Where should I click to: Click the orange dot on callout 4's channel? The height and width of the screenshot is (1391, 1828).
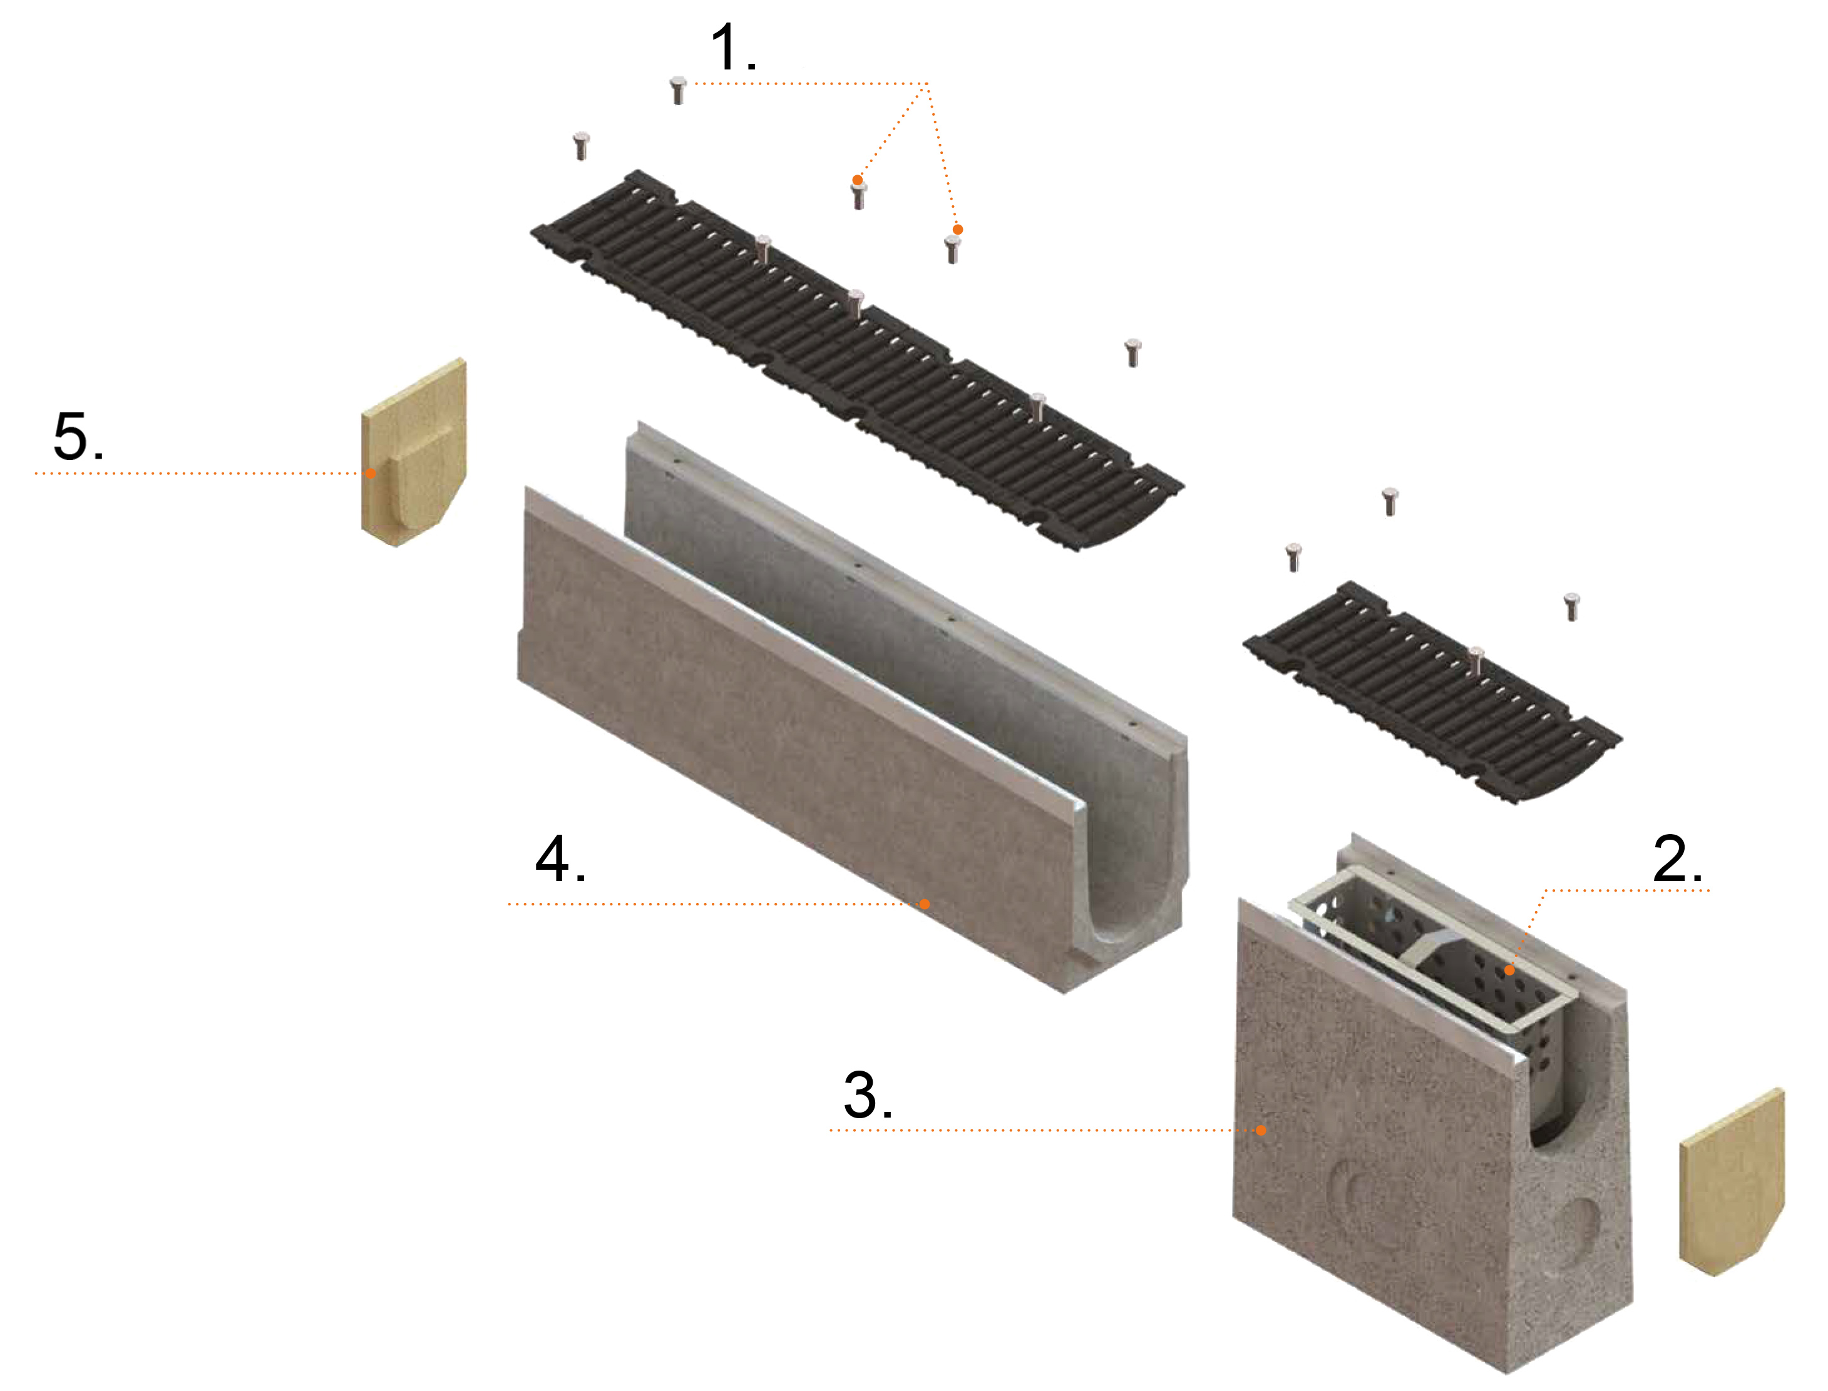925,904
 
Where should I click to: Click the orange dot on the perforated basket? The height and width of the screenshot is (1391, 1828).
1509,969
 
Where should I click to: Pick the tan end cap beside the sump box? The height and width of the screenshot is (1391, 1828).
1731,1183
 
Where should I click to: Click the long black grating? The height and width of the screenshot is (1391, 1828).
856,361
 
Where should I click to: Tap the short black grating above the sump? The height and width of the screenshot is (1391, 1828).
1432,692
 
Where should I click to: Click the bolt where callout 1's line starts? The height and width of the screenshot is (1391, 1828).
679,89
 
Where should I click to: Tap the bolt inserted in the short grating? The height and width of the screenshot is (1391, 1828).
1475,661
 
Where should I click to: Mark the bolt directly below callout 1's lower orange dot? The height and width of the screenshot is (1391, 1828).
953,249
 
